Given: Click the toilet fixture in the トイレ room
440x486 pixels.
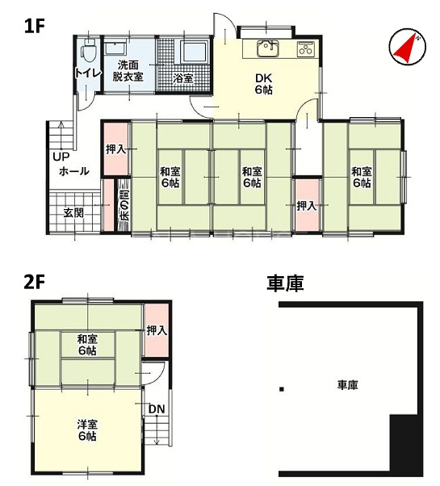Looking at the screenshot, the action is click(x=88, y=52).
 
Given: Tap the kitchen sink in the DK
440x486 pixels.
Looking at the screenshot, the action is click(x=268, y=48).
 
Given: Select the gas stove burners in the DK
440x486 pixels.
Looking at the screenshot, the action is click(x=306, y=48).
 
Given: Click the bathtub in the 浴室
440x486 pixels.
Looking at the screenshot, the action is click(x=193, y=52).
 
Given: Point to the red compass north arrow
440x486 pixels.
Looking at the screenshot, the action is click(x=404, y=49).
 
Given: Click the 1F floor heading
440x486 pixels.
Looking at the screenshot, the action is click(x=35, y=27).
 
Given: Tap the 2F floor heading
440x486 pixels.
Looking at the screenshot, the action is click(x=35, y=283).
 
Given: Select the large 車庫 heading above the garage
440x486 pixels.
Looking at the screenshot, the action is click(x=285, y=283).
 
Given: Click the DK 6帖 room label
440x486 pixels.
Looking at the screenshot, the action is click(x=264, y=84).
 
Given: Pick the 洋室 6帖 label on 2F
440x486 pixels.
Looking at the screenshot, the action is click(x=87, y=430).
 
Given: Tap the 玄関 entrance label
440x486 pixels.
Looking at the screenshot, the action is click(x=73, y=213).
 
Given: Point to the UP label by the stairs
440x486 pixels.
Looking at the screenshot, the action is click(x=61, y=157).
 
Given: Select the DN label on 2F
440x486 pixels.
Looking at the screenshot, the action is click(x=157, y=409).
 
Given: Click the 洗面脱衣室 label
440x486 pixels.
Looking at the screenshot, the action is click(x=128, y=71).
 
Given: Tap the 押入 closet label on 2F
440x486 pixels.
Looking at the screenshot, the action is click(x=157, y=330).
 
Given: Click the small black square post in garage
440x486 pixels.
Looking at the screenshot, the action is click(x=281, y=389).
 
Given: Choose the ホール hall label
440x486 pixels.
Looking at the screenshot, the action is click(x=74, y=171).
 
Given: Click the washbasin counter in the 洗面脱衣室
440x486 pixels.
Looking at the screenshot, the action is click(x=115, y=48).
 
